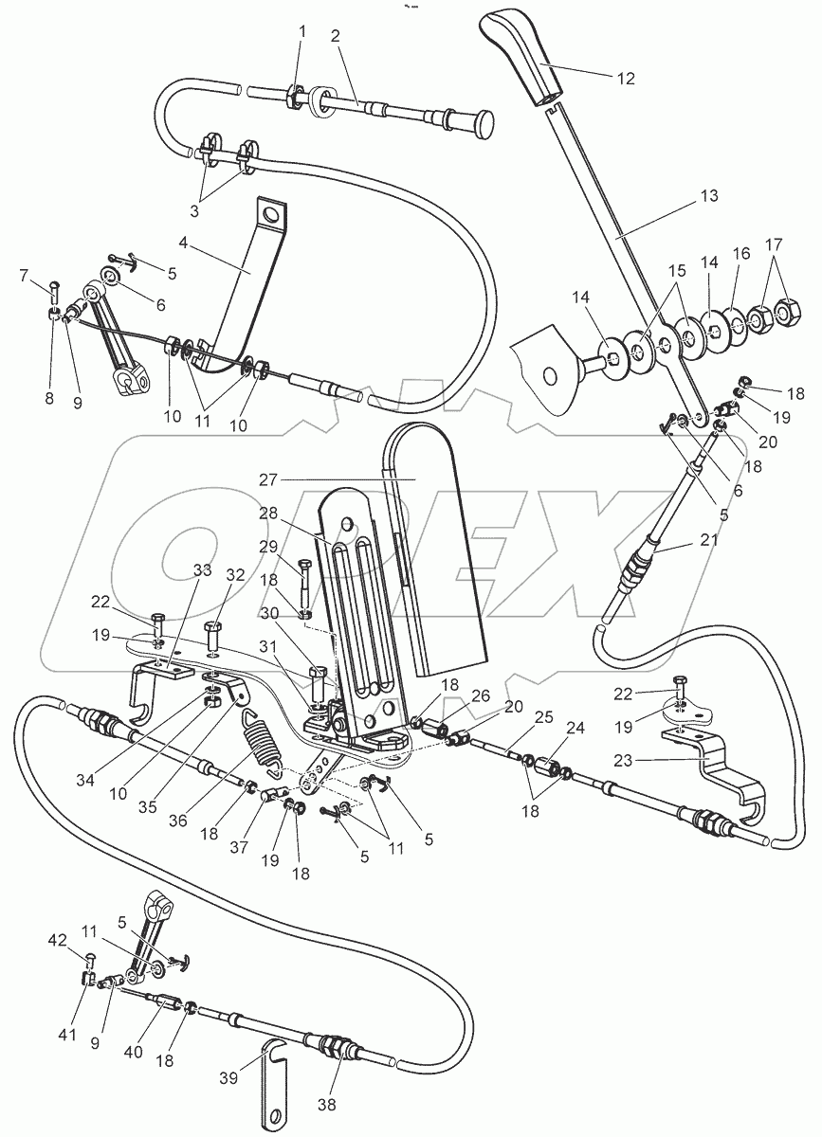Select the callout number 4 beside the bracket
click(x=183, y=244)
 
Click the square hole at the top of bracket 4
click(x=271, y=217)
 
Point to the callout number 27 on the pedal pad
click(x=269, y=479)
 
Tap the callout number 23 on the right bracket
click(x=622, y=760)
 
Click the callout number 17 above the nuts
click(x=775, y=244)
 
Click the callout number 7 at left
click(x=24, y=276)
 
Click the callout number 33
click(x=202, y=570)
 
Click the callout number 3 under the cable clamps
click(x=194, y=211)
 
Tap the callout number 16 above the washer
click(x=741, y=253)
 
